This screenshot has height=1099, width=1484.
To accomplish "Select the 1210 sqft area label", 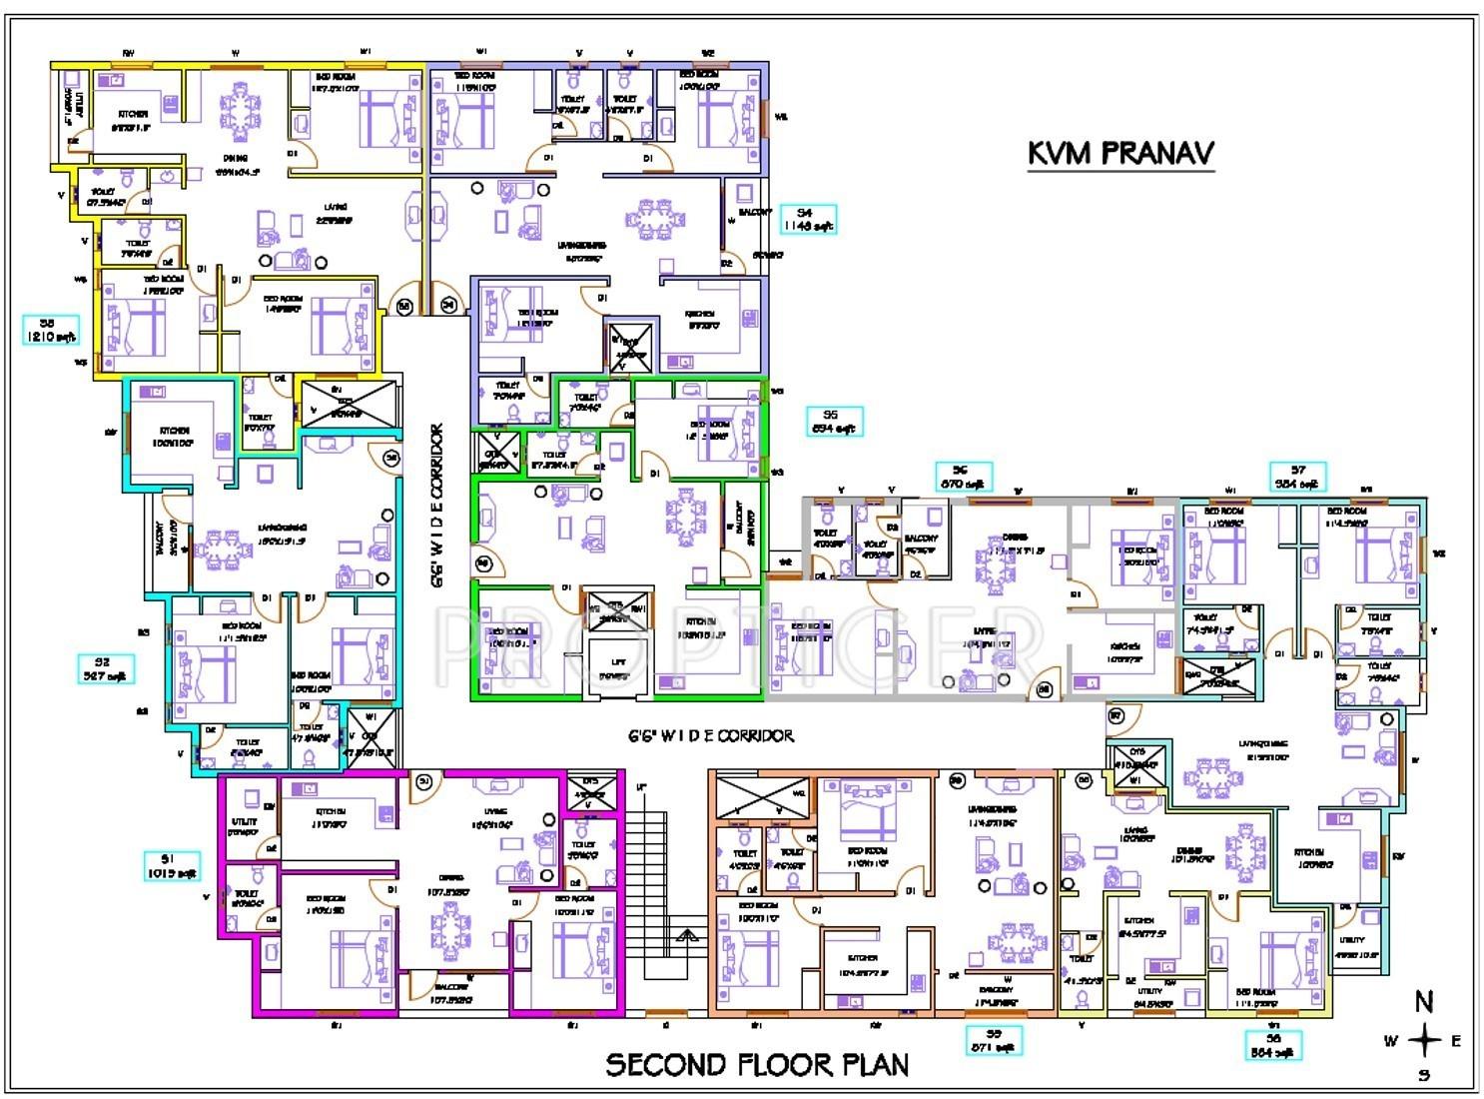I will pyautogui.click(x=50, y=331).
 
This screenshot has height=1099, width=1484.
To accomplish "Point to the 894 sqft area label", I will pyautogui.click(x=831, y=422).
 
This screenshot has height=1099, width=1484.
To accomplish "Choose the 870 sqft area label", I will pyautogui.click(x=963, y=478).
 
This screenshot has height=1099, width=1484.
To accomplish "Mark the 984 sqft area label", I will pyautogui.click(x=1298, y=478).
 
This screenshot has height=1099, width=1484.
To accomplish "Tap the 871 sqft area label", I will pyautogui.click(x=994, y=1041).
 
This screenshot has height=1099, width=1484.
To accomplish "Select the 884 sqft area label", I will pyautogui.click(x=1273, y=1045).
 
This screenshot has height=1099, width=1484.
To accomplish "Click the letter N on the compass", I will pyautogui.click(x=1424, y=1001).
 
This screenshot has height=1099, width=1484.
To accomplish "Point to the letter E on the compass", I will pyautogui.click(x=1456, y=1041).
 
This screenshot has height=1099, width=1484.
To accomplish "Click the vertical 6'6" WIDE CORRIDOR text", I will pyautogui.click(x=436, y=510).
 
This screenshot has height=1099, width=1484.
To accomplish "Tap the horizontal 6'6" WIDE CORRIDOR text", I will pyautogui.click(x=711, y=736).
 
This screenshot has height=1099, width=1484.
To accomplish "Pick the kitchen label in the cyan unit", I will pyautogui.click(x=173, y=436).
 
